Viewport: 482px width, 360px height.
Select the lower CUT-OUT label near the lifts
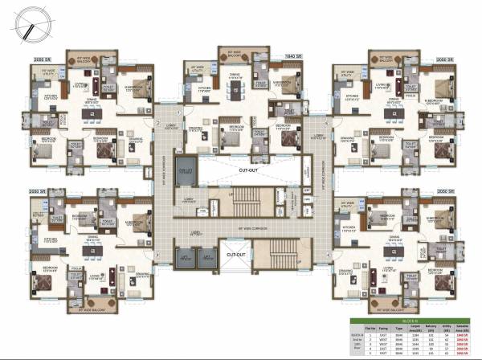pyautogui.click(x=236, y=254)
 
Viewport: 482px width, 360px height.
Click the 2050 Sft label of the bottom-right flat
pyautogui.click(x=443, y=192)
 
